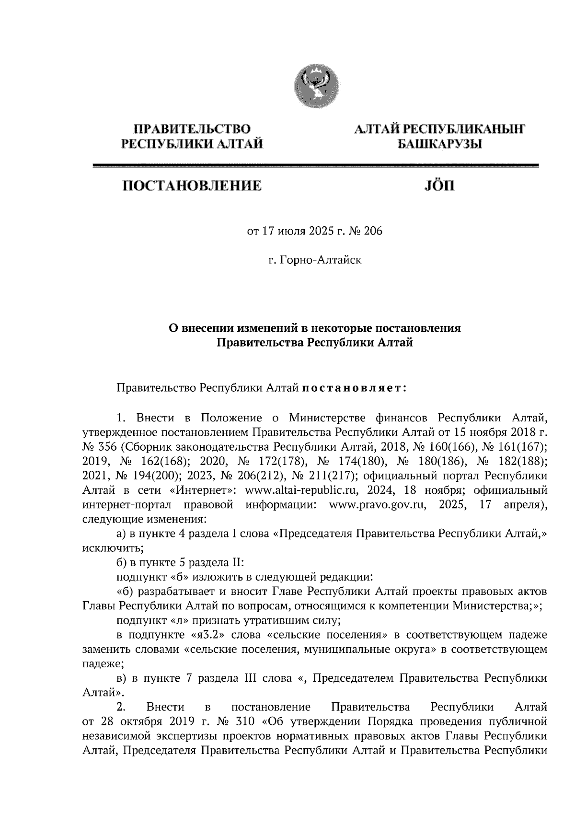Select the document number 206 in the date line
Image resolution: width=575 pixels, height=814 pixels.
pos(373,232)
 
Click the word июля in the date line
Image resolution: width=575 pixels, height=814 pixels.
pos(290,232)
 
